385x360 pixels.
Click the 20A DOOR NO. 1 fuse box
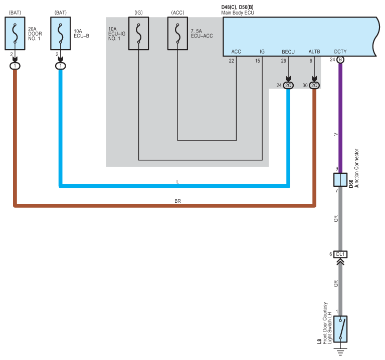pos(15,34)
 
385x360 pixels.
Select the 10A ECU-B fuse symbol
pos(60,34)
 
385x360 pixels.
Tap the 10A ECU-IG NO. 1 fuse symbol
pos(138,34)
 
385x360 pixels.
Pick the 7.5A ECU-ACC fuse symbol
pos(177,34)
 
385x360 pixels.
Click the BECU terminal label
pos(288,52)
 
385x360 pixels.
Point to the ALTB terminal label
pos(314,52)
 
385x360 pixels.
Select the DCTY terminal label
pos(340,52)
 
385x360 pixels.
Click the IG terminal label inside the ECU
pos(262,52)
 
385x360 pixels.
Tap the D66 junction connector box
pos(340,180)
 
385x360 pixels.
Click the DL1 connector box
pos(340,254)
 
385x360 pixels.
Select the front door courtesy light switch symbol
pos(340,329)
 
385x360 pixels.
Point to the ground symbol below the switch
pos(340,351)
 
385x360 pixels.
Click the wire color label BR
pos(177,201)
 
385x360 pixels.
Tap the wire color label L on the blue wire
pos(177,182)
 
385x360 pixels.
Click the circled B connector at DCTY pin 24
pos(340,60)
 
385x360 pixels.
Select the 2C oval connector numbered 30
pos(314,85)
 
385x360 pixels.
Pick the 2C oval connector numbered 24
pos(288,85)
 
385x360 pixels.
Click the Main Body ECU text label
pos(238,13)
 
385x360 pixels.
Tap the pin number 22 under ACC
pos(231,61)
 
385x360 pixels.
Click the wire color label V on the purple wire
pos(336,134)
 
